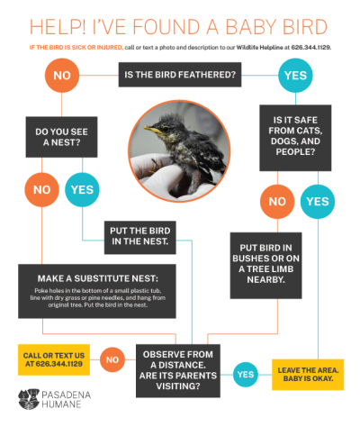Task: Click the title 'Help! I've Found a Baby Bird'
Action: tap(179, 23)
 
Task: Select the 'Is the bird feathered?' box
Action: tap(179, 75)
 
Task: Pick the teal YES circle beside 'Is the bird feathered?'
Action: tap(295, 75)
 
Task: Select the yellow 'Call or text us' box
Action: tap(52, 358)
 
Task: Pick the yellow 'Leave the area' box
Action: tap(309, 372)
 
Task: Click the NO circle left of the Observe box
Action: tap(112, 359)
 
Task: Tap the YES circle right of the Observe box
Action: tap(244, 372)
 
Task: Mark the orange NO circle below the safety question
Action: tap(274, 201)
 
